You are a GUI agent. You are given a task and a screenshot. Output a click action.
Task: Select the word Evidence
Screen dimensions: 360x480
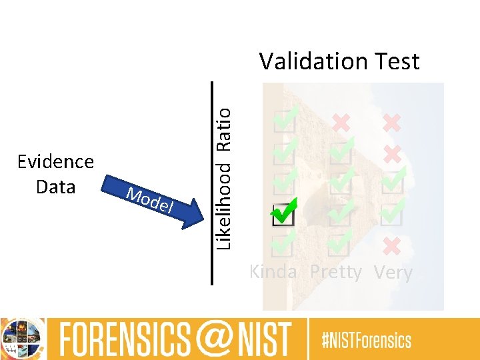point(55,162)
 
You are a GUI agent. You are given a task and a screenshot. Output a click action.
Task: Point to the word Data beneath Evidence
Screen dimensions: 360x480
point(55,187)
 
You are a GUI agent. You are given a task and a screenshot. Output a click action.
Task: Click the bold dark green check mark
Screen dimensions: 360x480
point(283,213)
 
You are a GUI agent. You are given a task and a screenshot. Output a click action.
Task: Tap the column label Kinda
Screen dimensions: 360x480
point(272,272)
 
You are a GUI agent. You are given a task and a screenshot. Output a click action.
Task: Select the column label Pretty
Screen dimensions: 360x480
point(336,272)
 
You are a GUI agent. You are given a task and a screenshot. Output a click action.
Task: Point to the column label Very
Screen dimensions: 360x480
point(393,272)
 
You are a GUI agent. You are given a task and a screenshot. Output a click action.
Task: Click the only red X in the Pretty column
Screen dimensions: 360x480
point(341,122)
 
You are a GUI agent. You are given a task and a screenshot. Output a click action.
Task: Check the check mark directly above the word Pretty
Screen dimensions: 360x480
point(341,244)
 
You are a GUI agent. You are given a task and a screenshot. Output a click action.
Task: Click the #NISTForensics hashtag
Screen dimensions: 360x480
point(367,341)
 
